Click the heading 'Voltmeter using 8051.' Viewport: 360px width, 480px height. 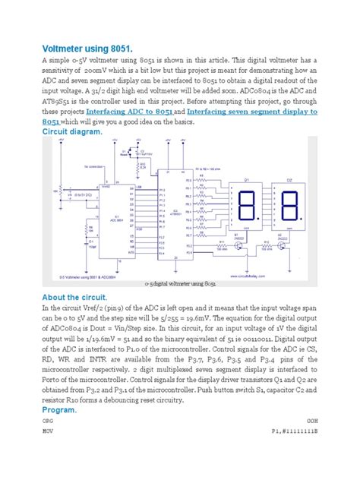click(90, 45)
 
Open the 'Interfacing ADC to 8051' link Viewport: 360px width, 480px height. click(135, 110)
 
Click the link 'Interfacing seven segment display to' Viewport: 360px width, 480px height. click(251, 110)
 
